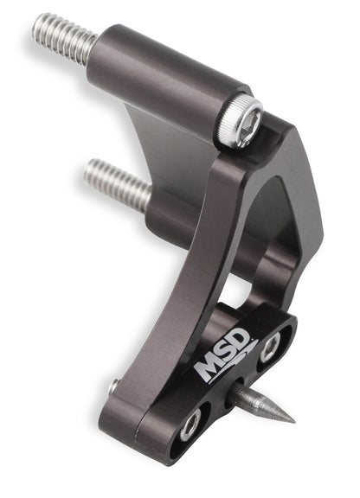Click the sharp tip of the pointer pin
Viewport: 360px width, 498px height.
[294, 423]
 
